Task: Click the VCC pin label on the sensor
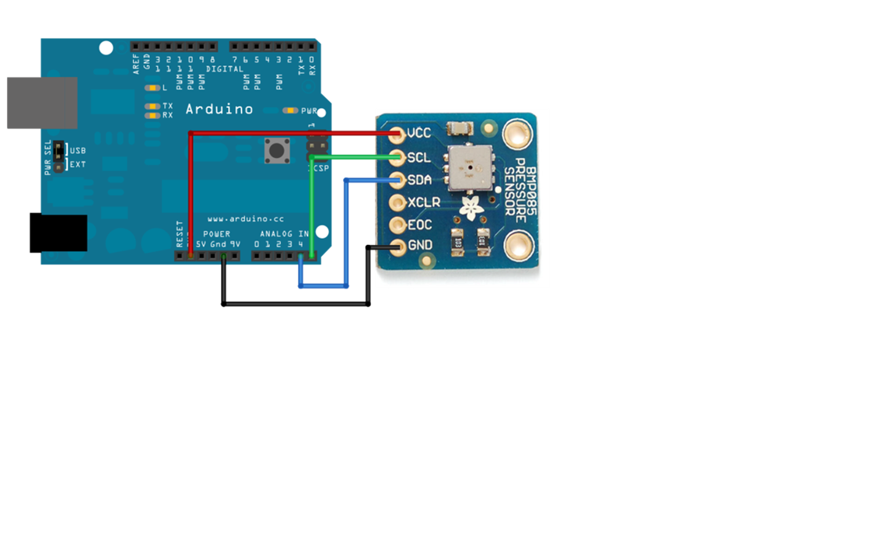tap(419, 133)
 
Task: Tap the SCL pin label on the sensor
tap(418, 157)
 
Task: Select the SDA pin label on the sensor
tap(419, 180)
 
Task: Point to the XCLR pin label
tap(424, 202)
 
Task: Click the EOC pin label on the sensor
tap(419, 225)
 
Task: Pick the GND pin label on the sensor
tap(420, 246)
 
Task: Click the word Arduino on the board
tap(219, 110)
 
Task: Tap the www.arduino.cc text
tap(245, 219)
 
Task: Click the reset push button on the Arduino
tap(277, 150)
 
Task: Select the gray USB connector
tap(42, 103)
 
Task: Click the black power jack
tap(58, 233)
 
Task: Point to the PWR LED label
tap(309, 111)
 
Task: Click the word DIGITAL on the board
tap(225, 69)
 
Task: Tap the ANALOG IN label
tap(284, 233)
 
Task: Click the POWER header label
tap(216, 233)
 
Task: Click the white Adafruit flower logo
tap(469, 207)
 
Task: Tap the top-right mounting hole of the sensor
tap(516, 134)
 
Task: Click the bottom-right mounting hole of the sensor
tap(518, 247)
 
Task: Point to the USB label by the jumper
tap(78, 151)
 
